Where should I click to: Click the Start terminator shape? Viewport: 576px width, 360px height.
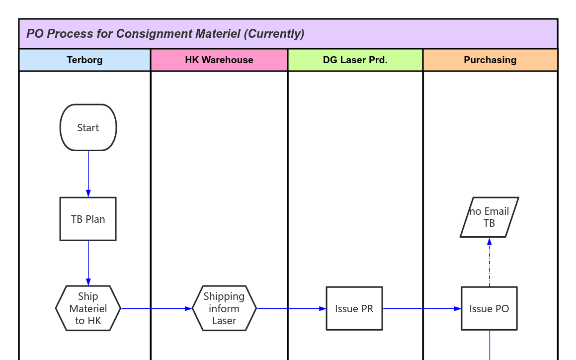(x=88, y=128)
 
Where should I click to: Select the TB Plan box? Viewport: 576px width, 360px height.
(x=88, y=219)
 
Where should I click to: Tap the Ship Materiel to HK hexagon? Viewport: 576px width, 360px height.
(x=88, y=308)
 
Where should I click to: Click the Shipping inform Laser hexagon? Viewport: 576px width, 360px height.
(x=224, y=308)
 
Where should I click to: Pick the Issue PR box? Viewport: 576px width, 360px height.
(x=354, y=308)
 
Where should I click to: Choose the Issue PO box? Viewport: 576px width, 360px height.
(x=489, y=308)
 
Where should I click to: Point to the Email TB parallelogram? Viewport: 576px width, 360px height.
(x=489, y=217)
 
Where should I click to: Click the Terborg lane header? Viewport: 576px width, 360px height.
(x=84, y=60)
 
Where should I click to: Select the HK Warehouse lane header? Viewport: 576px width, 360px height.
(x=219, y=60)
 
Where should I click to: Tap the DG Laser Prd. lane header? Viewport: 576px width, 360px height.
(x=355, y=60)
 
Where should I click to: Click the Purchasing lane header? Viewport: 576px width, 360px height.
(x=490, y=60)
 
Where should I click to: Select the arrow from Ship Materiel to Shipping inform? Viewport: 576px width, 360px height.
(x=156, y=309)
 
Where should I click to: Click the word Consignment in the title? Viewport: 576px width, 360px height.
(x=154, y=34)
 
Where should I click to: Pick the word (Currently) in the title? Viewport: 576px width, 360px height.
(x=275, y=34)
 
